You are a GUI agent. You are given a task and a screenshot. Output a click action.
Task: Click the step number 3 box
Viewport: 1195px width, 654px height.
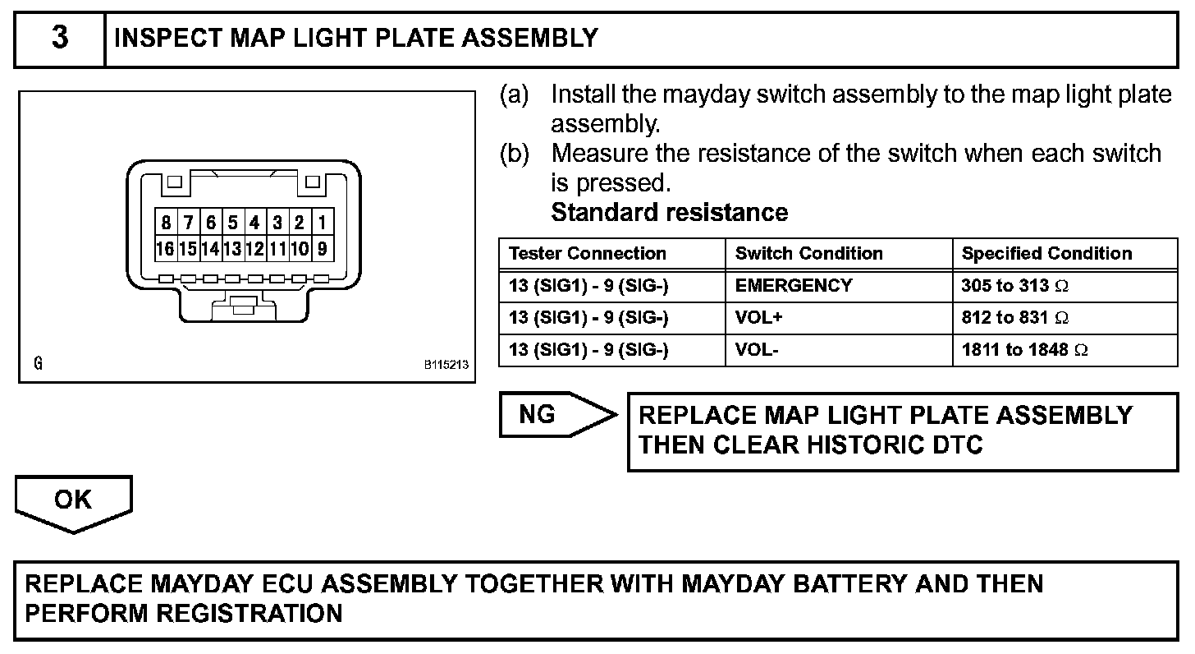60,39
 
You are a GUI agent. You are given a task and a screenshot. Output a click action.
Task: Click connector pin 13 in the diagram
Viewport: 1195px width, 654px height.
232,248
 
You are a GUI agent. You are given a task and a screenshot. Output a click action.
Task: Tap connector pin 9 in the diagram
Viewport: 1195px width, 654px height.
323,248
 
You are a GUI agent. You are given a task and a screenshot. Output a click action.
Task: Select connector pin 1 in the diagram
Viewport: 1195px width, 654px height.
323,223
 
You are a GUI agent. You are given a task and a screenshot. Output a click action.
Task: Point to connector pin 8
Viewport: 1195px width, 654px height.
166,223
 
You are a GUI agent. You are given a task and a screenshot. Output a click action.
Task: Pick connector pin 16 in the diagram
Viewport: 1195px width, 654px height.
166,248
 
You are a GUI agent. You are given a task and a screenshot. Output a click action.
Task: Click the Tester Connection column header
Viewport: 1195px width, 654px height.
588,254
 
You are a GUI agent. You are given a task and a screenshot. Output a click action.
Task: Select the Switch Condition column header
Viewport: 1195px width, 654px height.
808,254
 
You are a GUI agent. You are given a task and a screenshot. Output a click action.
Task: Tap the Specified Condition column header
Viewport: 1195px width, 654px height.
1046,254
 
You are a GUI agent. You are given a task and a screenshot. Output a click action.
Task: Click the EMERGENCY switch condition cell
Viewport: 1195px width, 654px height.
794,286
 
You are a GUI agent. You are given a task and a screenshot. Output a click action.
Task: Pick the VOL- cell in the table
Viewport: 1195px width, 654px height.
757,350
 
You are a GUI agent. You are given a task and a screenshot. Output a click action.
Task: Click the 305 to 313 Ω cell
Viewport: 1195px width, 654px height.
1015,286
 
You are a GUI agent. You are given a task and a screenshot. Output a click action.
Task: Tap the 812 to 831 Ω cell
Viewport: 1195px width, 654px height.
1015,318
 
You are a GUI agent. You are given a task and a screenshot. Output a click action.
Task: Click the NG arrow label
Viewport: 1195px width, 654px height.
538,415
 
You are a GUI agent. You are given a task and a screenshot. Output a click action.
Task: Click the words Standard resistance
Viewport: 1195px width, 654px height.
669,213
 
